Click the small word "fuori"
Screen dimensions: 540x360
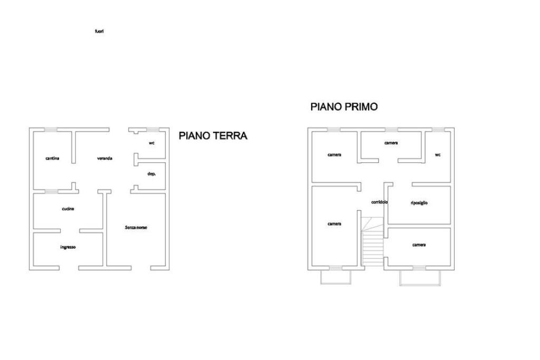[99, 31]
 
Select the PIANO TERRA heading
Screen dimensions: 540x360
[213, 135]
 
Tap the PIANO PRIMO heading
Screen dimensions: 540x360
[344, 106]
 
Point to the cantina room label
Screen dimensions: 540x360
[52, 158]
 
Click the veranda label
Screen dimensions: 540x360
[104, 158]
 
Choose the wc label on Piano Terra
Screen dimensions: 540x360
[151, 143]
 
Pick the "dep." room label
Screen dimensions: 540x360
[151, 174]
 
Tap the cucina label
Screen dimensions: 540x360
[68, 209]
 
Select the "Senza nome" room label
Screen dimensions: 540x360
[136, 228]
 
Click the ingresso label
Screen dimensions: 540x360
[68, 247]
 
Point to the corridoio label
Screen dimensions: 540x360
[380, 202]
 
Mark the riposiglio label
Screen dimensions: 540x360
[419, 203]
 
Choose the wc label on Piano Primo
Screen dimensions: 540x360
[438, 155]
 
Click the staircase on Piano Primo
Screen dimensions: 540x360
[372, 241]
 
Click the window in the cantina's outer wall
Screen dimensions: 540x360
[51, 130]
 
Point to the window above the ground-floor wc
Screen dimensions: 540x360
[152, 130]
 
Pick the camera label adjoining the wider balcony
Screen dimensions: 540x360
[419, 245]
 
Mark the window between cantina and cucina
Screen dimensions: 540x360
[51, 191]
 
